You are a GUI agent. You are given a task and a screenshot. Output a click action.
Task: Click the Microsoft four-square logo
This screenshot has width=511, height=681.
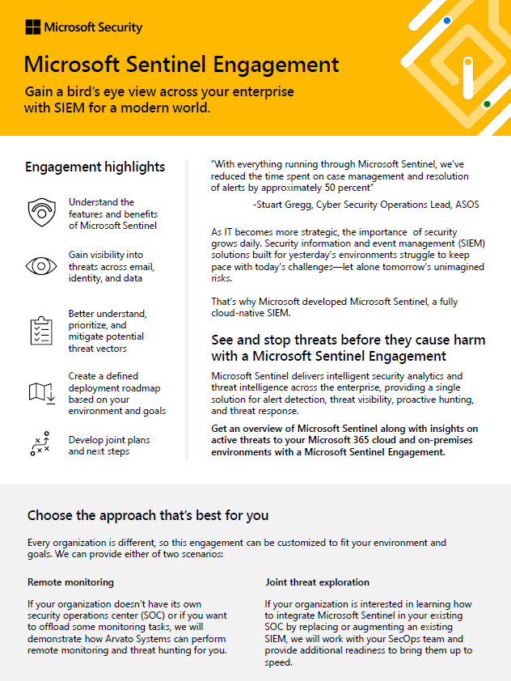coord(32,27)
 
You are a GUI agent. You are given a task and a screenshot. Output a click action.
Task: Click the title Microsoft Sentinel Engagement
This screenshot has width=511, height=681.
coord(182,64)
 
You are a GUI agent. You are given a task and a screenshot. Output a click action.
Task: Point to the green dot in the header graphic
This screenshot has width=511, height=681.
coord(487,104)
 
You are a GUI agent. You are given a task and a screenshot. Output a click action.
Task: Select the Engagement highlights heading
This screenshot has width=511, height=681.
coord(95,167)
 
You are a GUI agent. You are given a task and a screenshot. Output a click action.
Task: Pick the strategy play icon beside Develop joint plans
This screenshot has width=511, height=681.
coord(40,445)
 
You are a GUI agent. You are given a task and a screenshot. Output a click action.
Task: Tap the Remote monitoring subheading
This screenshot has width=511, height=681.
coord(70,582)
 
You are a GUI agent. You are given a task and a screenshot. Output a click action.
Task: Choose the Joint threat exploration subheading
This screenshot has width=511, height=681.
coord(317,582)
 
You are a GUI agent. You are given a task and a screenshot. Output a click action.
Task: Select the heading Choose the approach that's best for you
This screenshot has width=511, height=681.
coord(148,515)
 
